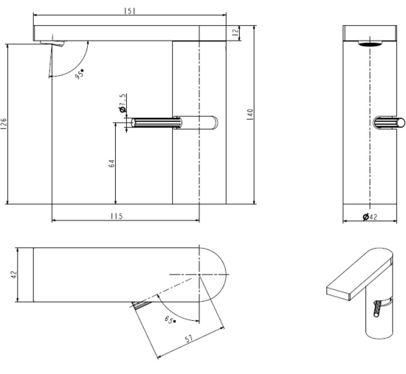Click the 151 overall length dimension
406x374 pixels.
(x=129, y=11)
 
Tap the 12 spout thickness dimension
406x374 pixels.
(x=235, y=32)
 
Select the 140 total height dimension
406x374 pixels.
(x=250, y=114)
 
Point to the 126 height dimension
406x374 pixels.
(x=4, y=124)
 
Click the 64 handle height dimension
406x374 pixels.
(x=111, y=163)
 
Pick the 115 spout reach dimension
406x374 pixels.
(x=117, y=216)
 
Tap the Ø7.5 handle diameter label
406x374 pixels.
(x=123, y=103)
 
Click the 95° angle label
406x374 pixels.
(x=80, y=74)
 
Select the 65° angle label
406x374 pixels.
(x=170, y=320)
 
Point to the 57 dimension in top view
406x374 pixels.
(x=189, y=339)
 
